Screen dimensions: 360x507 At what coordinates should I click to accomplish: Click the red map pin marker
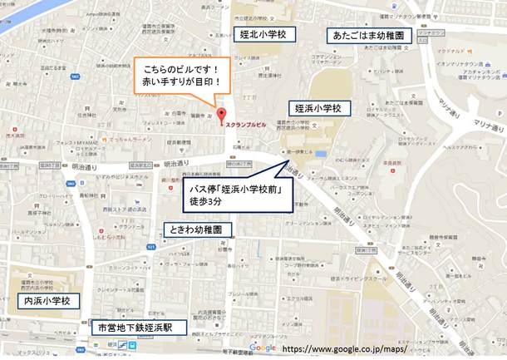220,115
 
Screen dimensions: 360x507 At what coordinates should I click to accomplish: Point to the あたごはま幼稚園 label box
368,37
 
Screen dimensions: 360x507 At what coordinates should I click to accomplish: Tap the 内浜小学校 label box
45,299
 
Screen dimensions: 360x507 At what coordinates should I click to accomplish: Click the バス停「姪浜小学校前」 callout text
241,190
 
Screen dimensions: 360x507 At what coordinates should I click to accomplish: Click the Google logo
262,348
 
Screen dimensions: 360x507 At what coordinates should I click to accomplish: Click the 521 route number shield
150,248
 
